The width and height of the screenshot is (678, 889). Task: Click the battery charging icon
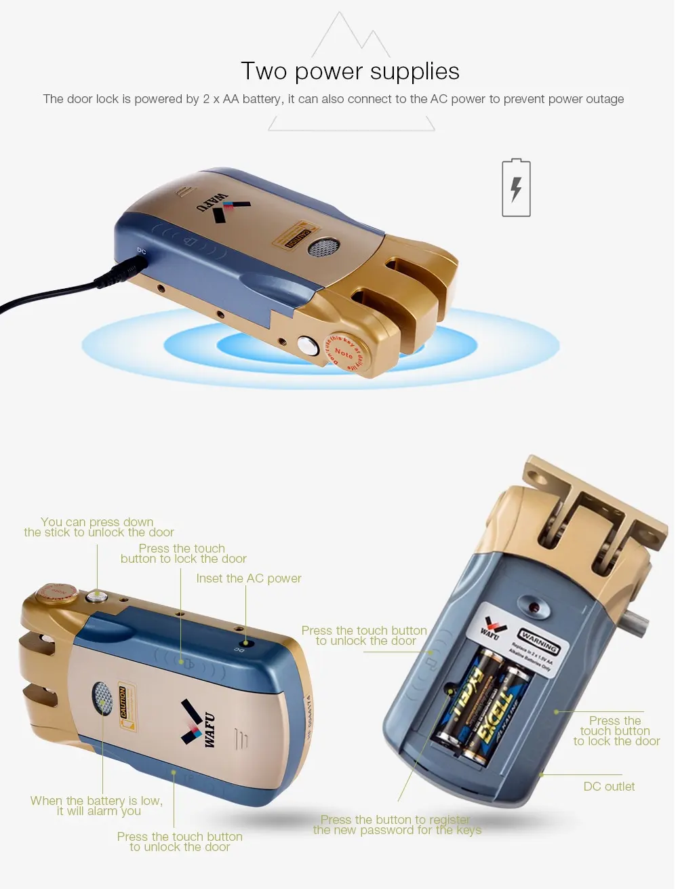(516, 189)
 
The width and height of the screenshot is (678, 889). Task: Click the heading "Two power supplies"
(350, 71)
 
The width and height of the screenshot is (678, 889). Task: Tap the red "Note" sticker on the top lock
(344, 352)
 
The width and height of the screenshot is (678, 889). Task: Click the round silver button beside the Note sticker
(308, 346)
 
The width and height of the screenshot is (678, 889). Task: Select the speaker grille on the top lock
(323, 248)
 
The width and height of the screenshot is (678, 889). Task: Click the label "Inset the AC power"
(248, 578)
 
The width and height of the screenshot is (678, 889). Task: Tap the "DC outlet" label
(609, 787)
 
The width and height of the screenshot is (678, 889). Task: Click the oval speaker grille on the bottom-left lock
(102, 698)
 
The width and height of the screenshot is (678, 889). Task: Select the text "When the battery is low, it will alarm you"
(97, 806)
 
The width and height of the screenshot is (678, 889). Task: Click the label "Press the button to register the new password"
(397, 825)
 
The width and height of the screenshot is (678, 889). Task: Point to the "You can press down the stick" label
(98, 527)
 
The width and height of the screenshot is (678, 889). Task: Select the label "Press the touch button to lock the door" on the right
(616, 731)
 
